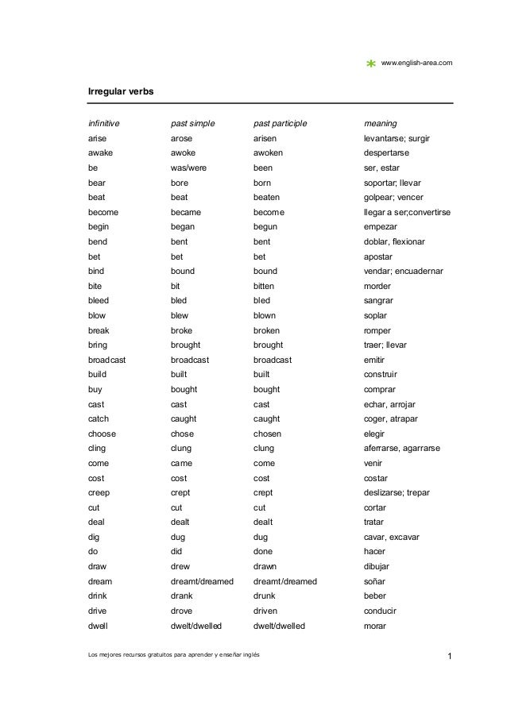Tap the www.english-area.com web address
[417, 62]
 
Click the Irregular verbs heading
[121, 92]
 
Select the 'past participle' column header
[280, 124]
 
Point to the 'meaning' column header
[380, 124]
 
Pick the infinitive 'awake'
[100, 153]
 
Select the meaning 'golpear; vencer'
[393, 198]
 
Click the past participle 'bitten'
[265, 286]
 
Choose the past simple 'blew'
[180, 315]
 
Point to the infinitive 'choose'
[102, 434]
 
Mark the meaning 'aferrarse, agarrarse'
[401, 449]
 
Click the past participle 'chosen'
[267, 434]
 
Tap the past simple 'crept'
[181, 492]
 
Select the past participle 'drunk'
[265, 596]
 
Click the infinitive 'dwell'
[99, 626]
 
